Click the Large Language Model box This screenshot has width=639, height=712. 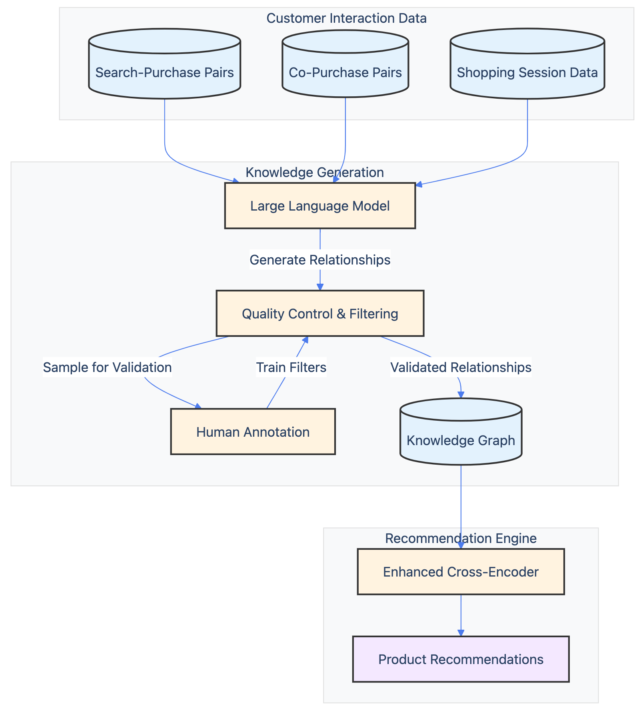point(320,206)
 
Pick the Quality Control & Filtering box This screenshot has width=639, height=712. point(320,313)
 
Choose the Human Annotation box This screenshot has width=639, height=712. point(253,432)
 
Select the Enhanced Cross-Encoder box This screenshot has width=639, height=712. point(461,572)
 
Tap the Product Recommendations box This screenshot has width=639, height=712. point(461,659)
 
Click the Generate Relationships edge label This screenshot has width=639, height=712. point(320,260)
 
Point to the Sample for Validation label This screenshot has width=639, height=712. point(107,367)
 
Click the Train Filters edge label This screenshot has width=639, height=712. point(291,367)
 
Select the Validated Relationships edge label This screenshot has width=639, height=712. point(461,367)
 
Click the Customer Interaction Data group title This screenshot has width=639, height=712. point(346,18)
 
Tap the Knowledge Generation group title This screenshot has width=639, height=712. point(314,172)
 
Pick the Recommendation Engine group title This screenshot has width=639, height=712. point(461,538)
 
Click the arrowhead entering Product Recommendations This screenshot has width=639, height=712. point(461,632)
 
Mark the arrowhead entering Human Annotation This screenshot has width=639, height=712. point(198,406)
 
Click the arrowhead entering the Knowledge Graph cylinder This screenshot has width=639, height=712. point(461,395)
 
